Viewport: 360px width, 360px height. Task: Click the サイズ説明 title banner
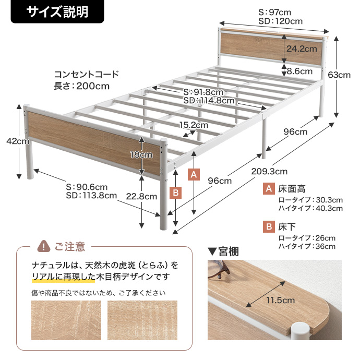[x=57, y=11]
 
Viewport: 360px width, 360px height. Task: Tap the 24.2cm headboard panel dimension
[x=302, y=49]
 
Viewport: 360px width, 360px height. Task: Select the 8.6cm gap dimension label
[x=299, y=71]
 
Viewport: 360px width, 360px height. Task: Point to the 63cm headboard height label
[x=339, y=75]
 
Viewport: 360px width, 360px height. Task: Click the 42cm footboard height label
[x=18, y=141]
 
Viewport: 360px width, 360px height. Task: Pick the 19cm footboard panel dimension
[x=141, y=155]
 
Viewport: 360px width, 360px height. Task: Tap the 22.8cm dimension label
[x=141, y=197]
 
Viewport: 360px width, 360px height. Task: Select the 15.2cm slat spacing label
[x=194, y=125]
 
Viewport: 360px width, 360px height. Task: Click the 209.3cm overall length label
[x=269, y=171]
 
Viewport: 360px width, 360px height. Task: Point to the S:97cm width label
[x=274, y=12]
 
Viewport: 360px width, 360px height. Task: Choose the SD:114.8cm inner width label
[x=209, y=101]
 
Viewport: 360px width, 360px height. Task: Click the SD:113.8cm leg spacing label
[x=91, y=195]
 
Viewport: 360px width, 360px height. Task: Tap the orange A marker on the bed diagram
[x=194, y=174]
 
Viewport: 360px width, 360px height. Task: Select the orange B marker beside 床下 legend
[x=269, y=226]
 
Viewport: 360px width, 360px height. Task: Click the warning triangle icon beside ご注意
[x=44, y=246]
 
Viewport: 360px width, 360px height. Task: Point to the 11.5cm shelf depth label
[x=281, y=300]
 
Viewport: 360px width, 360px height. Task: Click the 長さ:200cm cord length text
[x=82, y=86]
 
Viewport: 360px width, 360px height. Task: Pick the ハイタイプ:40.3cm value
[x=310, y=208]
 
